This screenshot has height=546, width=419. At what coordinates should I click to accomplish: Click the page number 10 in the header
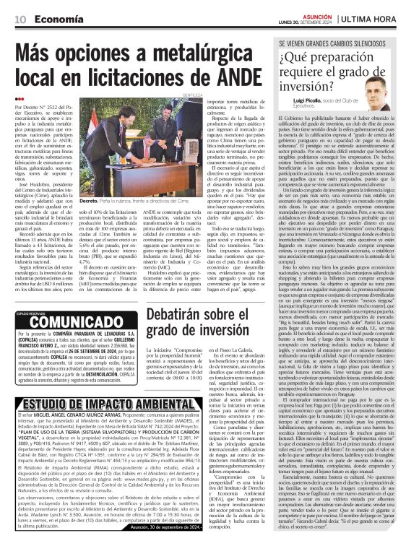(20, 18)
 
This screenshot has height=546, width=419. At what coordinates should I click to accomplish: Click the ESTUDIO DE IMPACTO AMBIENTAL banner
(100, 405)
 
